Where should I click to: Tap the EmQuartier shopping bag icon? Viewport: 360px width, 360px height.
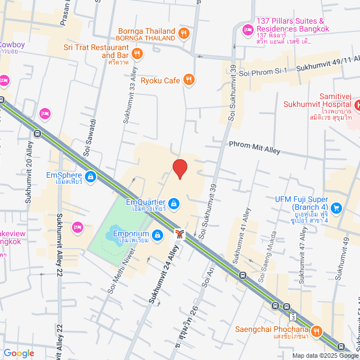pos(174,203)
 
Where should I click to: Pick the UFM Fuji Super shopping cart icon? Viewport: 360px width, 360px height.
pos(336,208)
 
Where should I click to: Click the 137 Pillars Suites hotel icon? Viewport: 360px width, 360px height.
pos(247,29)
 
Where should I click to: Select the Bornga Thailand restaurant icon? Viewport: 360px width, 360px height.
pos(183,34)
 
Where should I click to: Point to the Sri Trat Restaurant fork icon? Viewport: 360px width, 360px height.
pos(137,54)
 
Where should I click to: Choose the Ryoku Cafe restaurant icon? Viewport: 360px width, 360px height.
pos(189,80)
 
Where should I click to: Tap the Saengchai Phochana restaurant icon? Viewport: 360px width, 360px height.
pos(317,332)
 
